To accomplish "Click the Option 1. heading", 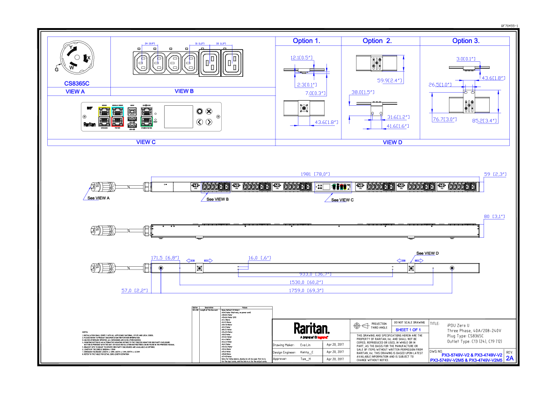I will (306, 41).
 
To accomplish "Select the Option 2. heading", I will (377, 41).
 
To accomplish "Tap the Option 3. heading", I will (465, 41).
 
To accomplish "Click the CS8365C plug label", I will (77, 83).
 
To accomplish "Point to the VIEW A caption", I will (75, 92).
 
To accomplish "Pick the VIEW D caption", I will (392, 142).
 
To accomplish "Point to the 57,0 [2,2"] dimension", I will (134, 291).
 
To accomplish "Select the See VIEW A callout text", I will (99, 198).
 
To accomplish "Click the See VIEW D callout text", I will (427, 253).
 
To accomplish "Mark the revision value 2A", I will (509, 358).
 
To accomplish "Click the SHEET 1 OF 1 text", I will (405, 330).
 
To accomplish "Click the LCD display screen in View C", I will (179, 117).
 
